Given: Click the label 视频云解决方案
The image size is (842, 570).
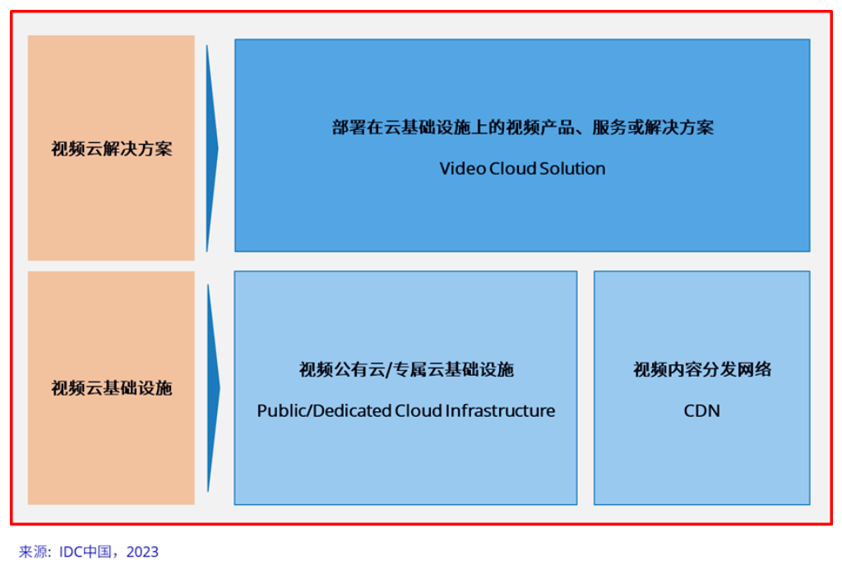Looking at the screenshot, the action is [112, 149].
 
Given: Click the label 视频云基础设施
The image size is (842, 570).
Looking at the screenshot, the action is [112, 388].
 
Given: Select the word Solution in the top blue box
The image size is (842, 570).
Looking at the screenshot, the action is [572, 169].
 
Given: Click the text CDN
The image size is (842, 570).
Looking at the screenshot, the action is [702, 411].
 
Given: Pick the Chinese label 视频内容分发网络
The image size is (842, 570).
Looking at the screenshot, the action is [702, 369].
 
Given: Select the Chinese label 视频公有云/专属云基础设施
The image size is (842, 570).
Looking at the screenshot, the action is [406, 369].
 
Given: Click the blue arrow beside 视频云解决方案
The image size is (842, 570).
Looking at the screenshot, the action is [212, 148].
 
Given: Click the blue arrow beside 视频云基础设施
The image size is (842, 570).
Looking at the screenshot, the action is [213, 388].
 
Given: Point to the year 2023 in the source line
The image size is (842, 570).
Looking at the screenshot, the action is [142, 552].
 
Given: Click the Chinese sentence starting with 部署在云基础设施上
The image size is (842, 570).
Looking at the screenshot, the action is [522, 127].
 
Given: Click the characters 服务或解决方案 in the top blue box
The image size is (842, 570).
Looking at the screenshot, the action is [653, 127].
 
